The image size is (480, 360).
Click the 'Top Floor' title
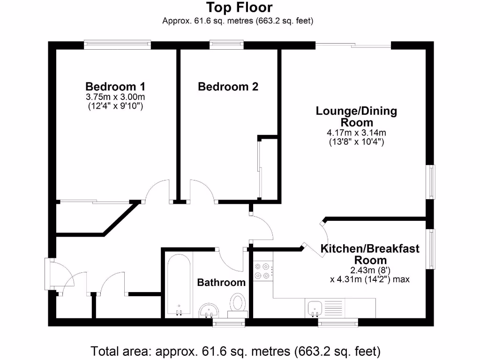pos(240,7)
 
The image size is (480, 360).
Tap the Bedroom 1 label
pos(115,87)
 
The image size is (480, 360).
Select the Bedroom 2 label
pos(228,87)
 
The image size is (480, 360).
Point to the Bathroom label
pos(221,282)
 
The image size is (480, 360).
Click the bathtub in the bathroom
pos(179,285)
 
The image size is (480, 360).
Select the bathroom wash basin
pos(209,309)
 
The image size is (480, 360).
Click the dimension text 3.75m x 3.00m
pos(115,97)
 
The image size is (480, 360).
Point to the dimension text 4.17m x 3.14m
pos(356,133)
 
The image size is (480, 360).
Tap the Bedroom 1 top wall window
pos(118,45)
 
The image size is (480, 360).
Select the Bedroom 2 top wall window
pos(227,45)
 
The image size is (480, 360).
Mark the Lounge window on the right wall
pos(430,182)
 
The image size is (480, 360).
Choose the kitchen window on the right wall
pos(430,248)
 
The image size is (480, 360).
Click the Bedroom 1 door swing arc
pos(157,190)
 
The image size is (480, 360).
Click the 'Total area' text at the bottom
pos(235,351)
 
